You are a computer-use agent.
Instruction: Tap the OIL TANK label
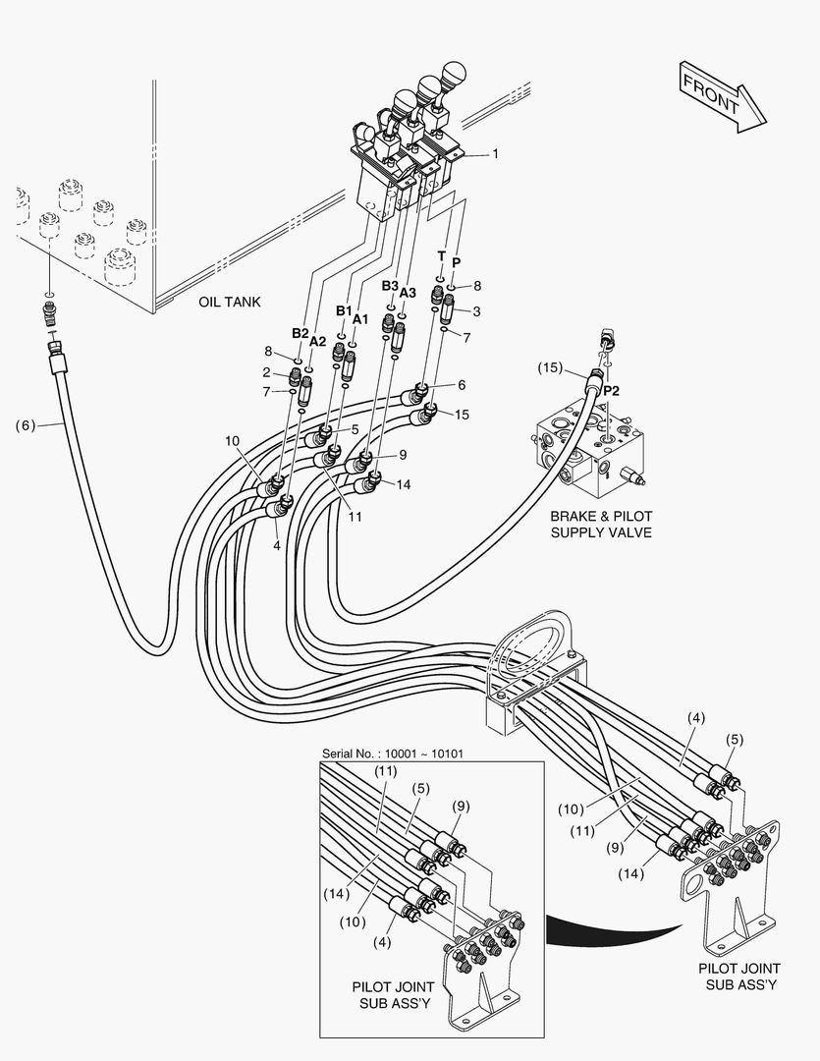(230, 302)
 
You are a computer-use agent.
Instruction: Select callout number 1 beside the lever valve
(495, 153)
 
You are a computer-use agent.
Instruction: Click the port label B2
(301, 334)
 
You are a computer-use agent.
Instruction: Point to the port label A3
(408, 293)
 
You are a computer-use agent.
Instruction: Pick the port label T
(441, 255)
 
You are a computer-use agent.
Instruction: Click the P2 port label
(611, 391)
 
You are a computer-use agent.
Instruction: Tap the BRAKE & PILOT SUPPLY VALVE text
(601, 525)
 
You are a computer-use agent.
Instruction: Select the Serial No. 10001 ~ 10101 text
(393, 754)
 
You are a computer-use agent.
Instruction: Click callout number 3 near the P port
(477, 311)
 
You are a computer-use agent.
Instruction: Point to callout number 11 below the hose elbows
(355, 517)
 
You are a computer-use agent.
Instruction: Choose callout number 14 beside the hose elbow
(404, 484)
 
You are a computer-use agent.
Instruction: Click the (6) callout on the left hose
(25, 425)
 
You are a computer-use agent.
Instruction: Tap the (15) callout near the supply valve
(550, 367)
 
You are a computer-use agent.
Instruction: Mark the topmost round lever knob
(454, 72)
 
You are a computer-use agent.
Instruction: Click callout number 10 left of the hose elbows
(232, 441)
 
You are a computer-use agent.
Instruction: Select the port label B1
(345, 310)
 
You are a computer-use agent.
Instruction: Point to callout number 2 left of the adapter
(266, 372)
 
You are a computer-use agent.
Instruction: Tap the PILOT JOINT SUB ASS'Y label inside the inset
(393, 994)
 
